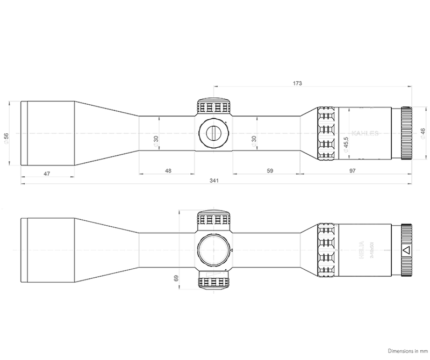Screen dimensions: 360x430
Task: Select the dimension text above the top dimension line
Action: point(295,82)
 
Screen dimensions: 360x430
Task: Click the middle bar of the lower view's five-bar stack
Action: point(326,250)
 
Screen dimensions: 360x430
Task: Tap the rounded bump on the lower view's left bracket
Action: point(175,277)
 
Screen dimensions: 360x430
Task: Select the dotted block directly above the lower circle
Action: point(214,219)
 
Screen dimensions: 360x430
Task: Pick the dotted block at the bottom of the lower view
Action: point(214,282)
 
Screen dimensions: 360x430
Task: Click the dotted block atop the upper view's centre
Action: point(214,106)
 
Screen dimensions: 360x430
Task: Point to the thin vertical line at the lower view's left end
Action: point(22,250)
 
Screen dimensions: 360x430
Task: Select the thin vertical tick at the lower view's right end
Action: point(411,250)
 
